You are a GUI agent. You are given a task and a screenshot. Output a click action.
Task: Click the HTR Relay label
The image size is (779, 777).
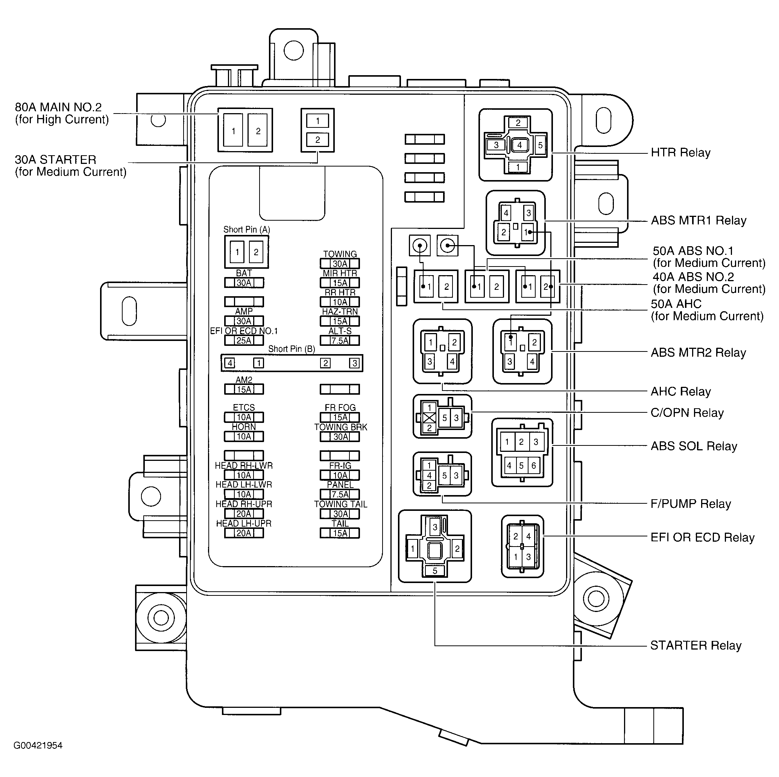pyautogui.click(x=680, y=153)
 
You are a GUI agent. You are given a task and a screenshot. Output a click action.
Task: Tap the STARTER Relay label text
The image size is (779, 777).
pyautogui.click(x=695, y=645)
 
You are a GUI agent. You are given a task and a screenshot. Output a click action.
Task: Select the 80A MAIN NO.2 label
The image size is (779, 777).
pyautogui.click(x=58, y=108)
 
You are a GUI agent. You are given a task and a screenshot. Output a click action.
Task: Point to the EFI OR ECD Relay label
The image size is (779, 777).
pyautogui.click(x=702, y=537)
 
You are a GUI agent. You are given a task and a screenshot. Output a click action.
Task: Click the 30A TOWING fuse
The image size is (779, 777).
pyautogui.click(x=340, y=264)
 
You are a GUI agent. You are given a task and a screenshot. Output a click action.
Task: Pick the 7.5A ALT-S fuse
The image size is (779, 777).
pyautogui.click(x=340, y=341)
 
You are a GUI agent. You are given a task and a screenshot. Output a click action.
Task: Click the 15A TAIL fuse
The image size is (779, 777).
pyautogui.click(x=340, y=533)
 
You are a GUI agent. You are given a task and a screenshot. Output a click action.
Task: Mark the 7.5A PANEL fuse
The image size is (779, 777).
pyautogui.click(x=340, y=494)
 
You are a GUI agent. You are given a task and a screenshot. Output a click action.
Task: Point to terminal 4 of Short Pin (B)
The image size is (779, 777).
pyautogui.click(x=230, y=363)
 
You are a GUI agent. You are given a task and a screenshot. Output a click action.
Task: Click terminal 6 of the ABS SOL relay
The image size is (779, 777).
pyautogui.click(x=533, y=466)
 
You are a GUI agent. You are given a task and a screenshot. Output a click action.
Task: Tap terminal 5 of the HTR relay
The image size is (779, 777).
pyautogui.click(x=540, y=145)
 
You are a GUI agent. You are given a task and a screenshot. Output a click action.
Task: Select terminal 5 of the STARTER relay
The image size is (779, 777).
pyautogui.click(x=435, y=571)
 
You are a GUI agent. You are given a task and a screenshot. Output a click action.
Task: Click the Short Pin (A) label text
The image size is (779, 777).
pyautogui.click(x=246, y=230)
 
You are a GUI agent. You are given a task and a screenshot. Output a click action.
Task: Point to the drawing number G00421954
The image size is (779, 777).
pyautogui.click(x=38, y=745)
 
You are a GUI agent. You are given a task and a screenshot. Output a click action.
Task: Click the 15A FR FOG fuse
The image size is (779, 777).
pyautogui.click(x=340, y=418)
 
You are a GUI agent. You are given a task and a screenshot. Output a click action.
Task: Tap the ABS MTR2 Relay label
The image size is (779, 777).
pyautogui.click(x=698, y=353)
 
